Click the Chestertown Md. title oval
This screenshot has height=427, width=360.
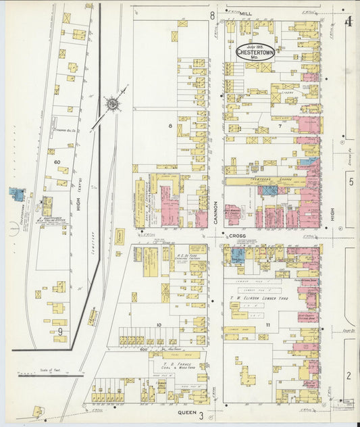tap(255, 52)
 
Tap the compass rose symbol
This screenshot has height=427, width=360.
tap(111, 104)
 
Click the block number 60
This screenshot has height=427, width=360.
tap(57, 162)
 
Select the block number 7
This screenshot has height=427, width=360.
tap(278, 126)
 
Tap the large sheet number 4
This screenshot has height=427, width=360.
tap(349, 22)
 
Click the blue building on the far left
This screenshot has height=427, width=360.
tap(16, 195)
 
